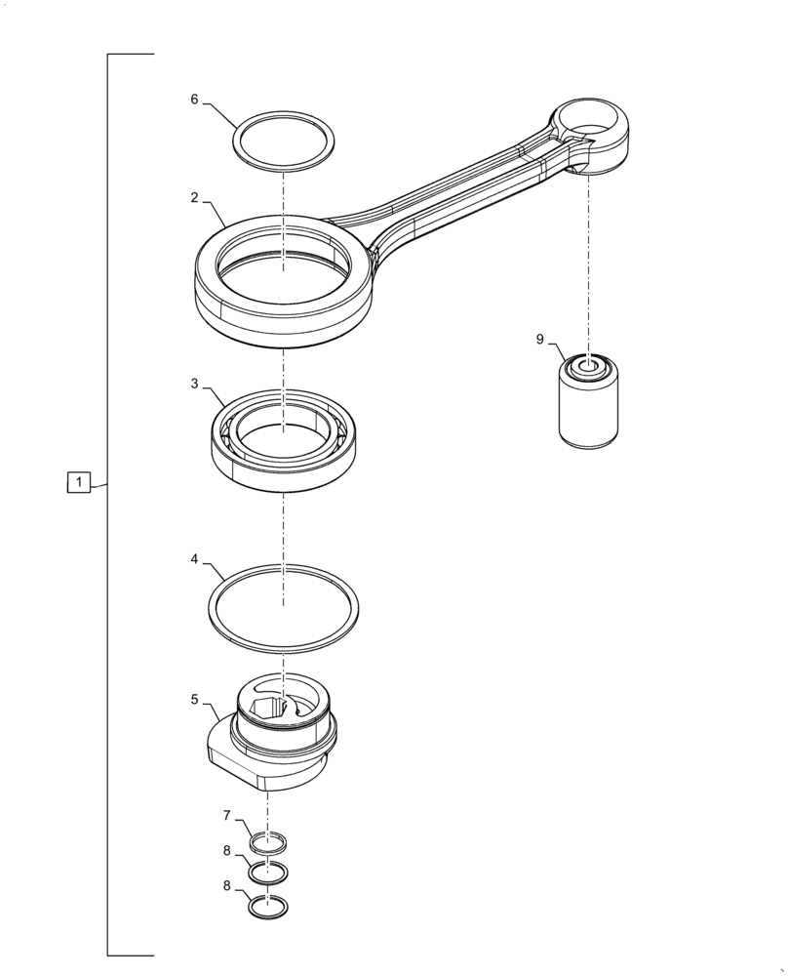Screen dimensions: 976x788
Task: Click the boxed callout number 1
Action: tap(79, 482)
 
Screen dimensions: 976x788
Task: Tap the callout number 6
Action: tap(194, 100)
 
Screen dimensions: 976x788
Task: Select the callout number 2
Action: tap(194, 197)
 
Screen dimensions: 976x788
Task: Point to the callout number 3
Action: tap(194, 384)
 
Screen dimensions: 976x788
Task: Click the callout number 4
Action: tap(194, 560)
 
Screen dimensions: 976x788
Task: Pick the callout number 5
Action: tap(194, 700)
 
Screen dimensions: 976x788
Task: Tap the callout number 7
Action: tap(227, 815)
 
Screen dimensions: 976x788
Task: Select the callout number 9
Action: tap(539, 340)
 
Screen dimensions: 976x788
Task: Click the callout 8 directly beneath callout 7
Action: tap(227, 850)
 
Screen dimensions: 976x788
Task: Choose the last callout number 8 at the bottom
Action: tap(227, 886)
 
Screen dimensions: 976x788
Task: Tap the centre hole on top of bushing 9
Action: tap(589, 368)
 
